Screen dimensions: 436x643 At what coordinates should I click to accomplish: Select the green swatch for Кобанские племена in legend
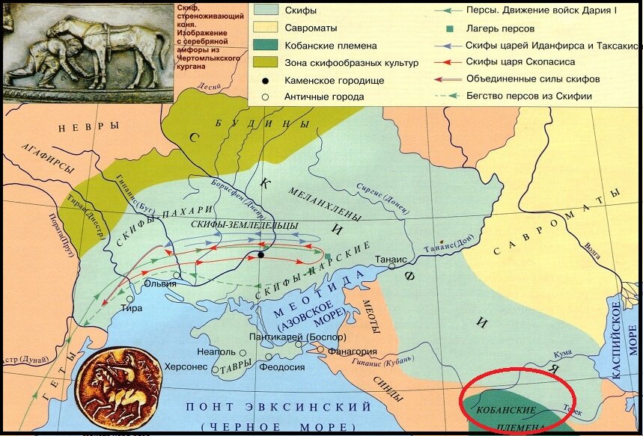[x=262, y=45]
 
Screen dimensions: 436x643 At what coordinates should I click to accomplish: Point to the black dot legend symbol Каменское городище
[x=263, y=79]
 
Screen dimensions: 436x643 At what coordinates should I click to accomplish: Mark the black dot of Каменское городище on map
[x=260, y=255]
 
